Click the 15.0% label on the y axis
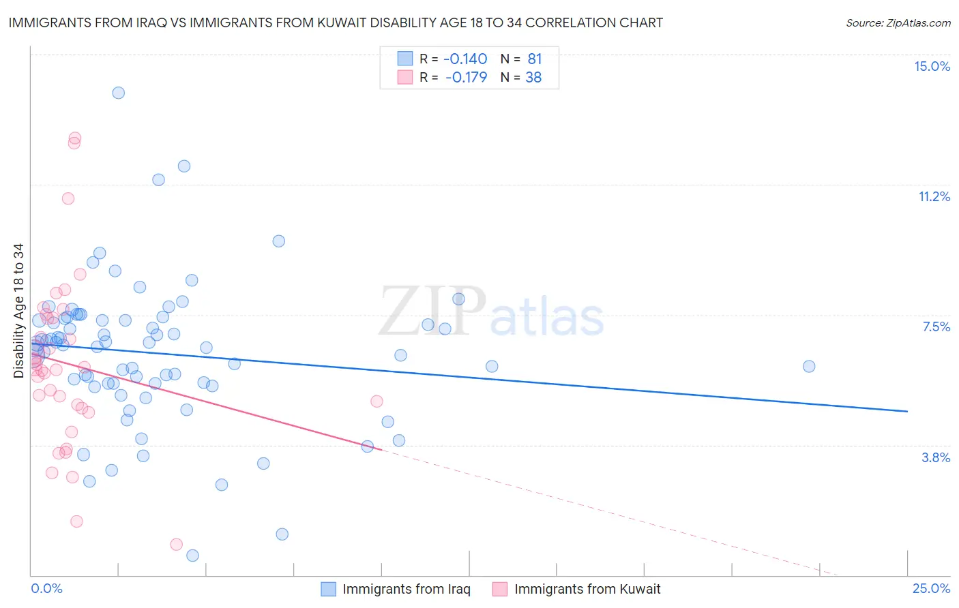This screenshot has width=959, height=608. click(x=932, y=66)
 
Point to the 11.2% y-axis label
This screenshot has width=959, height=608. click(x=934, y=196)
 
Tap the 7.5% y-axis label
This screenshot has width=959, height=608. click(x=936, y=326)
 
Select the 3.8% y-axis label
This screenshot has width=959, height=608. click(x=936, y=457)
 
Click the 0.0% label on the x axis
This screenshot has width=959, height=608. click(x=46, y=588)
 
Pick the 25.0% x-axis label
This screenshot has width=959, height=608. click(x=931, y=588)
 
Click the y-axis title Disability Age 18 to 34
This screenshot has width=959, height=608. click(x=18, y=311)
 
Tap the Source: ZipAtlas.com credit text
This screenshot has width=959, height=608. click(x=898, y=22)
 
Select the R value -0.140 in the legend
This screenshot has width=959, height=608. click(x=466, y=59)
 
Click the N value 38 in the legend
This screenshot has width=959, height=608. click(x=533, y=77)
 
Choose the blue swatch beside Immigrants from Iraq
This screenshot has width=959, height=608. click(x=329, y=589)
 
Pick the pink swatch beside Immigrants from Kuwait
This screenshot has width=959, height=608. click(x=500, y=589)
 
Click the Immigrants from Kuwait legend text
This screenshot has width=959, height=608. click(x=587, y=589)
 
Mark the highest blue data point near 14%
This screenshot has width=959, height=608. click(x=118, y=93)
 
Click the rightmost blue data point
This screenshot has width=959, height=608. click(x=809, y=366)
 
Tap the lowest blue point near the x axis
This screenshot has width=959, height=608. click(x=192, y=556)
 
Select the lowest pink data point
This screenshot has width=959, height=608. click(x=176, y=544)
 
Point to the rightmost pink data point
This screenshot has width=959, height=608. click(x=377, y=401)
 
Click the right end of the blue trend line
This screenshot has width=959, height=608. click(x=907, y=411)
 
